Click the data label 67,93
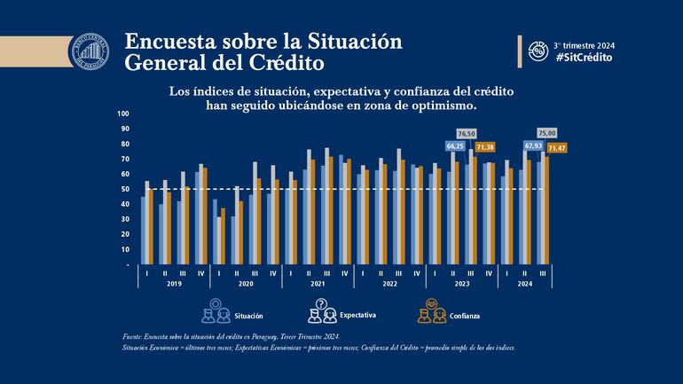click(x=532, y=145)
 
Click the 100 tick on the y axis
click(x=123, y=114)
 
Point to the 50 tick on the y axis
click(x=125, y=189)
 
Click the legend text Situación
click(x=248, y=316)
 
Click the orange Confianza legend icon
click(x=428, y=311)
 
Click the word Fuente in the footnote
click(x=133, y=338)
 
